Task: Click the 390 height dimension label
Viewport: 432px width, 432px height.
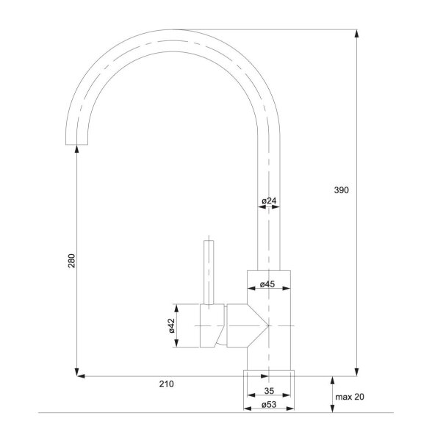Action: [341, 190]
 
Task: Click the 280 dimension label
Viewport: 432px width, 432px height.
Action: [71, 261]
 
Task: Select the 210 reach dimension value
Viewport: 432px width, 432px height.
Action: [166, 384]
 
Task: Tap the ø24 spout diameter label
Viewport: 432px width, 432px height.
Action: [269, 201]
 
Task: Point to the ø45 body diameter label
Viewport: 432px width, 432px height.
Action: [267, 284]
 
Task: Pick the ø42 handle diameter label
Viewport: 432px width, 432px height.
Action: [172, 325]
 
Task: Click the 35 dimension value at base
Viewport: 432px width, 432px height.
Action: [269, 391]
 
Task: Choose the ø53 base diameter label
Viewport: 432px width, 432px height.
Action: [269, 404]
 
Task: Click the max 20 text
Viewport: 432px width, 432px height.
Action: [350, 397]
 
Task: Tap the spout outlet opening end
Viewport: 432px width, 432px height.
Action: [76, 144]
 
